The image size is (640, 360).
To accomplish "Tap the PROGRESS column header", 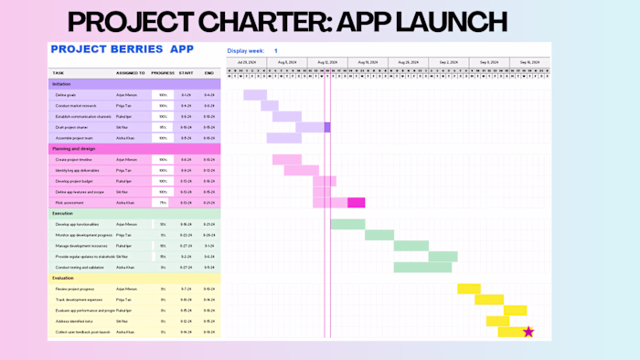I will point(163,72).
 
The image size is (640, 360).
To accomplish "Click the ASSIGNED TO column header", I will point(131,72).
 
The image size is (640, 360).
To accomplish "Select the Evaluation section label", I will point(63,278).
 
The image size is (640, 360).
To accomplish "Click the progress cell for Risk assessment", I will point(163,202).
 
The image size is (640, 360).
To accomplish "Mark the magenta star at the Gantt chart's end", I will point(528,332).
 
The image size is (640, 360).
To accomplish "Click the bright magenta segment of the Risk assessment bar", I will point(357,202).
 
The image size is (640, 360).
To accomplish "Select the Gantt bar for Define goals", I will point(255,95).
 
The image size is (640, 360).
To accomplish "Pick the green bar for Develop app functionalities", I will point(347,224).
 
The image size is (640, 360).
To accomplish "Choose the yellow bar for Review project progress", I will point(469,289).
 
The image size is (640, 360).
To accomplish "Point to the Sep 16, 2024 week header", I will point(529,62).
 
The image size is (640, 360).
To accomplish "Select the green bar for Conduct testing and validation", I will point(422,267).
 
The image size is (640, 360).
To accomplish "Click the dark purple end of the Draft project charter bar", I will point(327,127).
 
